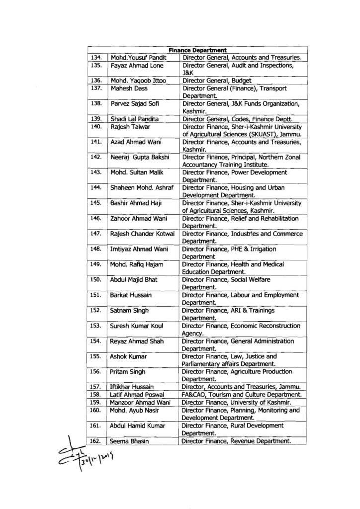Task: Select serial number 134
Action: [97, 58]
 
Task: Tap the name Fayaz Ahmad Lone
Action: [134, 65]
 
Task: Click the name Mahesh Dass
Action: [128, 88]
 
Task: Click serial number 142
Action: [97, 158]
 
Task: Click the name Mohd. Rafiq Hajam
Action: [136, 264]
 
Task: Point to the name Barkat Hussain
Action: [131, 295]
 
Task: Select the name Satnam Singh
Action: [130, 310]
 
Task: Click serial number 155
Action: [97, 356]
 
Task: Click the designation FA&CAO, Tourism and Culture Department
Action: [241, 394]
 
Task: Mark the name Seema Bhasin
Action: [131, 441]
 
